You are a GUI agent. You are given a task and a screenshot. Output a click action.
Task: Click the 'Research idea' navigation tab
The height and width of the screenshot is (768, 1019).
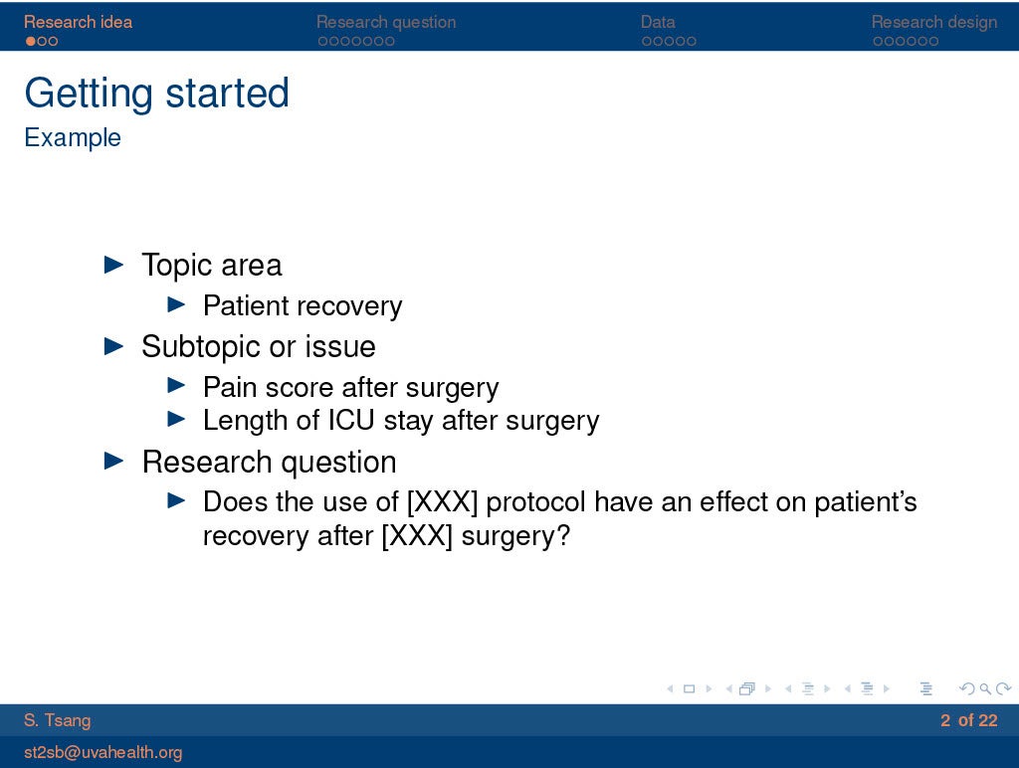click(78, 22)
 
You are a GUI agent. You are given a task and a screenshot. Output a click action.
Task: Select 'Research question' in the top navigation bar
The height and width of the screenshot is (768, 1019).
click(386, 22)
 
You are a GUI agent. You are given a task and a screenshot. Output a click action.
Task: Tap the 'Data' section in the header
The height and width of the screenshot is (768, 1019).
click(658, 22)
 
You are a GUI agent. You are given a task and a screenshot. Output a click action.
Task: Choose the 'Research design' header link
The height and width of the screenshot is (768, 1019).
click(933, 22)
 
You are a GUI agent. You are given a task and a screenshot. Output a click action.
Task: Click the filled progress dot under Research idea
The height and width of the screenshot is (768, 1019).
click(31, 41)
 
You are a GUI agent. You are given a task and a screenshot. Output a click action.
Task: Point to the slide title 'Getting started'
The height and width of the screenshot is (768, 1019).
click(156, 93)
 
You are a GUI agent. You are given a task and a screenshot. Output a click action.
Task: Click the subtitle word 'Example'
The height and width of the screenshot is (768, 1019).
click(72, 137)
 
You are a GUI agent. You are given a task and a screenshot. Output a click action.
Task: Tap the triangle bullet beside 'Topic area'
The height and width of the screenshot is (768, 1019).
click(113, 264)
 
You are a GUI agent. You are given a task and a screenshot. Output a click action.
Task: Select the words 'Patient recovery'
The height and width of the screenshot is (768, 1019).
click(303, 306)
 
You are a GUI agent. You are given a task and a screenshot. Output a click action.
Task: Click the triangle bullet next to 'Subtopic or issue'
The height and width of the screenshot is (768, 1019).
click(113, 345)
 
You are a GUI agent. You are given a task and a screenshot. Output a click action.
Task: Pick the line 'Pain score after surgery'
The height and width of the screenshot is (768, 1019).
click(351, 387)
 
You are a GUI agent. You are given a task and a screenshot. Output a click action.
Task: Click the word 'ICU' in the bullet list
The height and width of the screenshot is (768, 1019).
click(351, 420)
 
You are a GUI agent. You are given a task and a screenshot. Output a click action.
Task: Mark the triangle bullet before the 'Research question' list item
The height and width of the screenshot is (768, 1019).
click(113, 461)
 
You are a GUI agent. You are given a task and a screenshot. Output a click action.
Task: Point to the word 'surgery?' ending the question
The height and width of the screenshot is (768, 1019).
click(515, 536)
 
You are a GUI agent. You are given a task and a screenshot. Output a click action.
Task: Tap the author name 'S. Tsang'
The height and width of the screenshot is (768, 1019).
click(57, 720)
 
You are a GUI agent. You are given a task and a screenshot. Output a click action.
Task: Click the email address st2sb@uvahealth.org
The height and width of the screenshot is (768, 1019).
click(102, 752)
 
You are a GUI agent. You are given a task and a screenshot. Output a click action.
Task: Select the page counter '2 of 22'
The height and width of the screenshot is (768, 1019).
click(968, 720)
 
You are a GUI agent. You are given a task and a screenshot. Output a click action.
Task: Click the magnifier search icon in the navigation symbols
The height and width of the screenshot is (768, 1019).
click(985, 688)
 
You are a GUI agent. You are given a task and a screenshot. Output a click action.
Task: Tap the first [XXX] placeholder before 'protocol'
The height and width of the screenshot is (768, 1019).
click(442, 502)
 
